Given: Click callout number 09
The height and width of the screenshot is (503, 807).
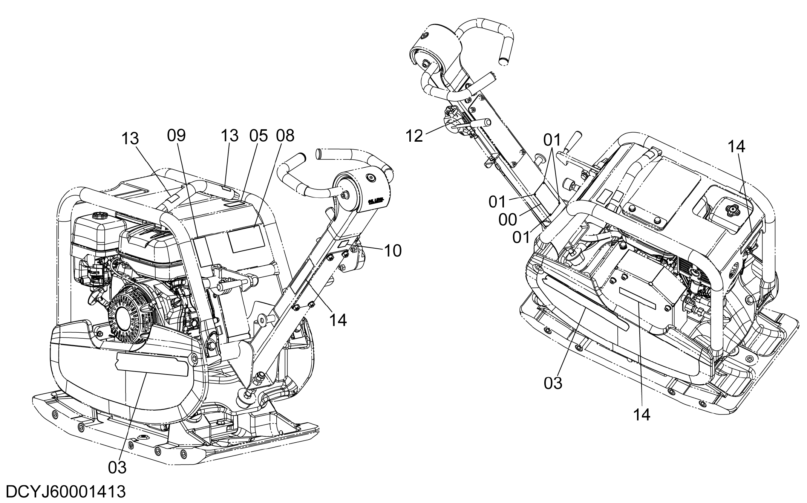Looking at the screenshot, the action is click(x=177, y=136).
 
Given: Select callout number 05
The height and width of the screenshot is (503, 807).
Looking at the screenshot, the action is click(x=258, y=136).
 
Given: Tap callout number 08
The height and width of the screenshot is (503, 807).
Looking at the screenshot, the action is click(x=285, y=136).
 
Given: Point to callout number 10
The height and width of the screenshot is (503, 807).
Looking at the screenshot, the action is click(x=392, y=251).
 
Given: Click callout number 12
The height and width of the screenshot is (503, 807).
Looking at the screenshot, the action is click(x=415, y=136).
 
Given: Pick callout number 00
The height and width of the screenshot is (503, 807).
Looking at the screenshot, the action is click(x=508, y=220).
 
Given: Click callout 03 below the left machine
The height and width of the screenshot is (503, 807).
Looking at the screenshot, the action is click(x=117, y=468).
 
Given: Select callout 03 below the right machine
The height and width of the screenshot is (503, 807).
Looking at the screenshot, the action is click(x=553, y=383).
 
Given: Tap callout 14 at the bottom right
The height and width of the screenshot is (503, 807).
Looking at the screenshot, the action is click(x=642, y=415).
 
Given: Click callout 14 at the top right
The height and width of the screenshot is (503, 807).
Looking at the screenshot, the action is click(x=736, y=147).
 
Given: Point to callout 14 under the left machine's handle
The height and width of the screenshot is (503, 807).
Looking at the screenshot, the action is click(x=338, y=320).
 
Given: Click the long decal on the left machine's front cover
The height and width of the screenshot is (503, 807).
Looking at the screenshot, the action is click(x=152, y=364).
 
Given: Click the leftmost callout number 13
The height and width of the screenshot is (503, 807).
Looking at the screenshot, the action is click(x=130, y=139).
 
